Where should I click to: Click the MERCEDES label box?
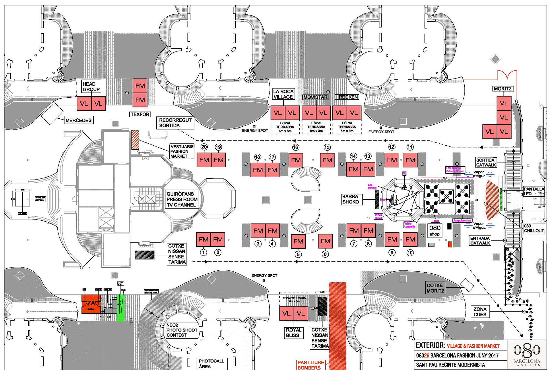click(78, 120)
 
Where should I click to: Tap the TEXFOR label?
click(140, 114)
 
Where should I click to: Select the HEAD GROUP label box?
click(91, 86)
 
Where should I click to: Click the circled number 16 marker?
click(296, 147)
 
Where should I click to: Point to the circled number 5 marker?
click(298, 254)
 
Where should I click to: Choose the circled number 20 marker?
click(204, 147)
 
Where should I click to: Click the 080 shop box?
click(435, 230)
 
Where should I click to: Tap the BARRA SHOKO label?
click(350, 199)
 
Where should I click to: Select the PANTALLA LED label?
click(533, 191)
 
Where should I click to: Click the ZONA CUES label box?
click(480, 312)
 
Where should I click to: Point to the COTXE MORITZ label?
click(435, 288)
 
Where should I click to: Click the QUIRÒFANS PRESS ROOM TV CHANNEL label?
click(182, 199)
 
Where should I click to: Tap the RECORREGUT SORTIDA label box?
click(175, 123)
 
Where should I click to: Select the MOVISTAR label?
click(315, 97)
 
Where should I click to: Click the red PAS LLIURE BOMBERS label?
click(311, 365)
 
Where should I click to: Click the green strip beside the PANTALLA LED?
click(501, 200)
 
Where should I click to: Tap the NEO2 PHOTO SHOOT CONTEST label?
click(181, 330)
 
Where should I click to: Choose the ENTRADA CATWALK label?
click(480, 241)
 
